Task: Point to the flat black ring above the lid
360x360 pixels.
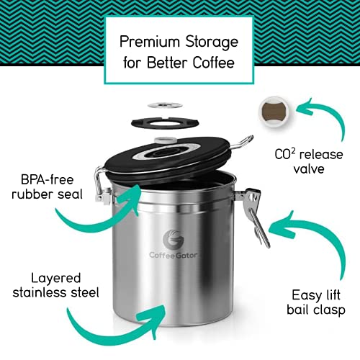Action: coord(180,122)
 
